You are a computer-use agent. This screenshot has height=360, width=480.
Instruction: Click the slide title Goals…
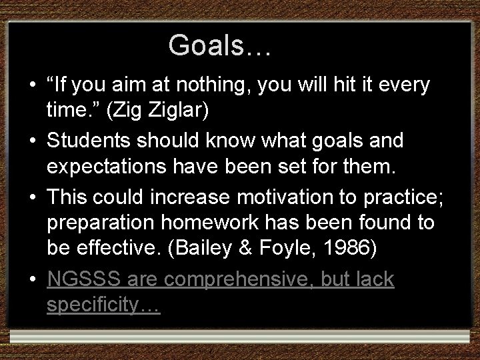coord(219,45)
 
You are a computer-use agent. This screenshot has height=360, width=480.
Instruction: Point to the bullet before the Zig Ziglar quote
coord(32,86)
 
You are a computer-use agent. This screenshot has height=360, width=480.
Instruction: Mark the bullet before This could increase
coord(32,198)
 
